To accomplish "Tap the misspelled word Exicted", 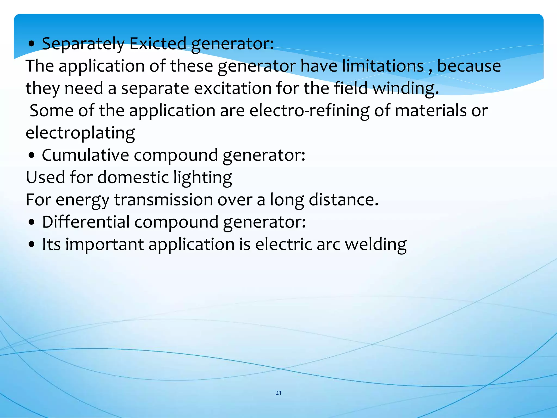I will pos(158,44).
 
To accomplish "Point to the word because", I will pos(469,66).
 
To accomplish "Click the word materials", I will pos(431,111).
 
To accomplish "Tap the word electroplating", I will pos(80,133).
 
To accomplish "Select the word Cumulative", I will pos(85,155).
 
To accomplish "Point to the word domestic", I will pos(133,177).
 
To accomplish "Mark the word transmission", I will pos(163,200).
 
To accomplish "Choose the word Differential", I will pos(86,222).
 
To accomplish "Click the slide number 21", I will pos(278,393).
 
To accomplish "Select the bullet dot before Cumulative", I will pos(32,156).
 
